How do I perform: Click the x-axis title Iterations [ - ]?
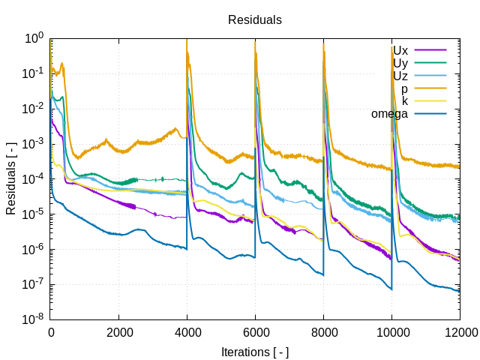coord(255,352)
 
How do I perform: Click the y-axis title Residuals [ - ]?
coord(11,178)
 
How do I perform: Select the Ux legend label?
coord(400,51)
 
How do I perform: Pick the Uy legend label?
coord(400,64)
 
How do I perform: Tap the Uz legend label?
coord(400,76)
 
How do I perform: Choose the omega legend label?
coord(389,114)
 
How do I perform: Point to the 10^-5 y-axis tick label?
coord(34,214)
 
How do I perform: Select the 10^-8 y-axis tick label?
coord(34,320)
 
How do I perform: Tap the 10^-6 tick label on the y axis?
coord(34,250)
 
